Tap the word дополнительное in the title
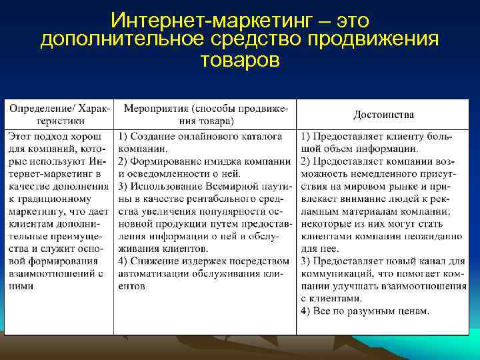tap(117, 40)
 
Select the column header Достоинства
tap(383, 115)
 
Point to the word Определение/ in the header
tap(40, 108)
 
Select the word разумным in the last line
tap(370, 311)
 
